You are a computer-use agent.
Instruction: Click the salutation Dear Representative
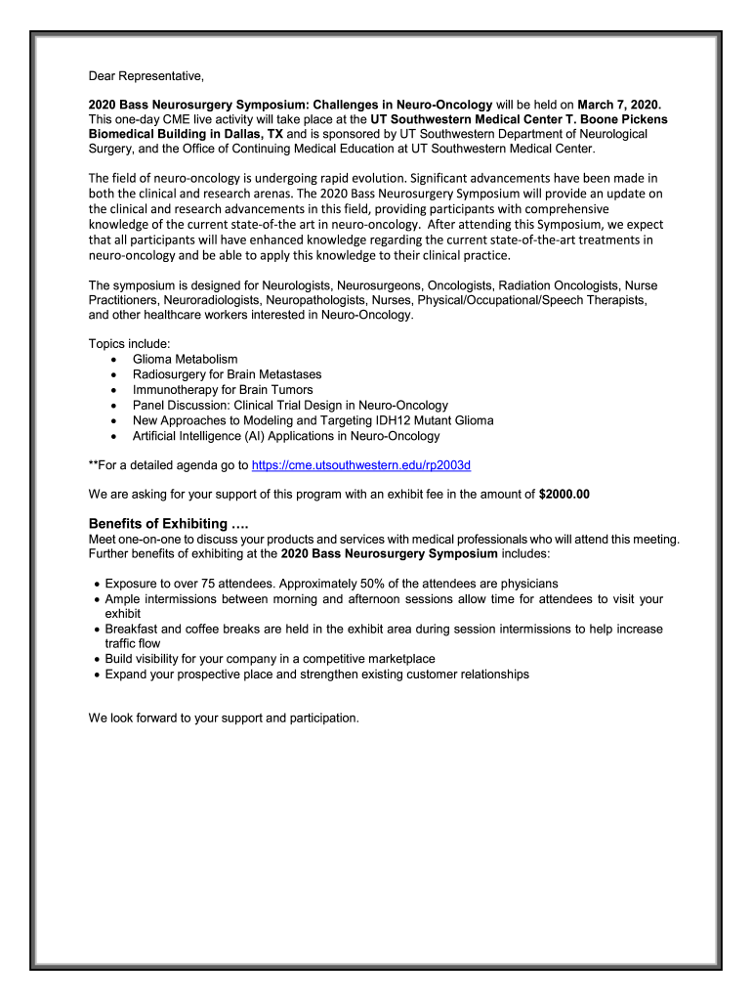[x=146, y=75]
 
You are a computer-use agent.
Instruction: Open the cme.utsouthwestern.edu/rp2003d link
[x=361, y=465]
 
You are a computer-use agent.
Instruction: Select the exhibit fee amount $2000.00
[x=564, y=495]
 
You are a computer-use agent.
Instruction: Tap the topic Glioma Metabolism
[x=185, y=360]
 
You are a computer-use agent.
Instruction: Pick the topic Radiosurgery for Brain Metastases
[x=227, y=374]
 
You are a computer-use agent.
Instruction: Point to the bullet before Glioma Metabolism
[x=116, y=360]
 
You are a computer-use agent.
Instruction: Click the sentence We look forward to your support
[x=224, y=718]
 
